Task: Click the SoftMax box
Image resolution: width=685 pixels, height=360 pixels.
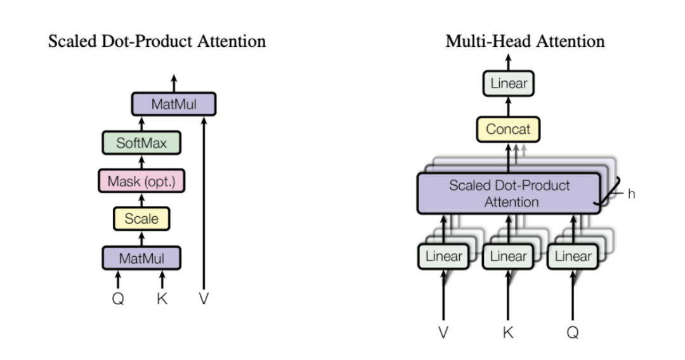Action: coord(141,143)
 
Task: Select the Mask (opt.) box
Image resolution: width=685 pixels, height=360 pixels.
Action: coord(141,181)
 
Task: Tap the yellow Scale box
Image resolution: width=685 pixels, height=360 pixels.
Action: coord(141,219)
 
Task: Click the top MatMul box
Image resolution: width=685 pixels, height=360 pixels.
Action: coord(174,104)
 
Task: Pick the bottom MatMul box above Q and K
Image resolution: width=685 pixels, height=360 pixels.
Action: coord(141,258)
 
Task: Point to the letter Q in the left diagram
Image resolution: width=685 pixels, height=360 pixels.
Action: coord(118,299)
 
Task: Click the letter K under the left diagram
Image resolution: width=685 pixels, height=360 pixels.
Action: coord(162,299)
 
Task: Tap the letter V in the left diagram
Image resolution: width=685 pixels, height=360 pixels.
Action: coord(204,299)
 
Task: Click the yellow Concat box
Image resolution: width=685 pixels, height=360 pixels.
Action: coord(508,129)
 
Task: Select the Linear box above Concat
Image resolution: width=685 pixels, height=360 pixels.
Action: coord(509,83)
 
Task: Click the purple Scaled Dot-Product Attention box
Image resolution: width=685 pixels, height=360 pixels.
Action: coord(509,193)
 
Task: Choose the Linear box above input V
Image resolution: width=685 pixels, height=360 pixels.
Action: coord(443,257)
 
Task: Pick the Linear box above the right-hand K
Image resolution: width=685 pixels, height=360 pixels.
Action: coord(508,257)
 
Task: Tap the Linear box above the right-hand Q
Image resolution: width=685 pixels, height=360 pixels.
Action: coord(573,257)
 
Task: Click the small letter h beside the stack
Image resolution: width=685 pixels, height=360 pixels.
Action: coord(631,194)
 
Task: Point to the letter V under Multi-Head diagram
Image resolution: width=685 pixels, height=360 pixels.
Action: coord(443,332)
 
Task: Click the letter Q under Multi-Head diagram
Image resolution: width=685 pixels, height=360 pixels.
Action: coord(573,332)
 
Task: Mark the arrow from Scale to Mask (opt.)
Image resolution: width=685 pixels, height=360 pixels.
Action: coord(141,200)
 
